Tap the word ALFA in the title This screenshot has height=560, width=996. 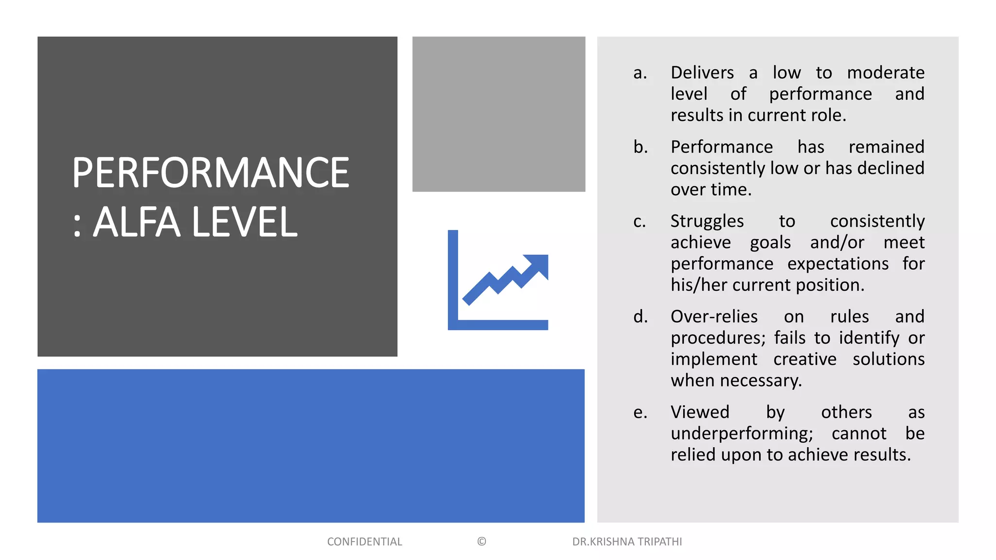pos(137,223)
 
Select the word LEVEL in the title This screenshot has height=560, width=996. pos(244,223)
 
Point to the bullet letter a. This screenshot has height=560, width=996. pos(640,73)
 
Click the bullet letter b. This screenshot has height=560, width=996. pos(640,147)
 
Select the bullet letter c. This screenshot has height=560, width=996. pos(640,222)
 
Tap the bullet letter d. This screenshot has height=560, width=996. pos(640,316)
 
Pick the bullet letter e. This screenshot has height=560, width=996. pos(640,413)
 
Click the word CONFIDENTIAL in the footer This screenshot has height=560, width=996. pos(364,542)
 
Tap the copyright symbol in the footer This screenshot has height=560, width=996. pos(481,542)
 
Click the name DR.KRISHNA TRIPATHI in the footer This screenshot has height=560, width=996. pos(627,542)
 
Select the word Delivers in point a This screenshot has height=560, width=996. pos(702,73)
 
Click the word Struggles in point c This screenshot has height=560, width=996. pos(707,222)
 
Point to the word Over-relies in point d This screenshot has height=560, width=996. pos(714,316)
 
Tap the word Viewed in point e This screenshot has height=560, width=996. pos(700,412)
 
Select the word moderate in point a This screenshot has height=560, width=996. pos(886,73)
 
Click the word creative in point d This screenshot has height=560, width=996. pos(805,359)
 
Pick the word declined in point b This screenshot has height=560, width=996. pos(890,168)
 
